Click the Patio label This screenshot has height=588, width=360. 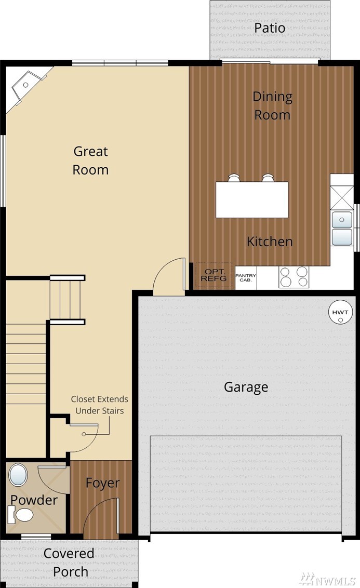pos(269,28)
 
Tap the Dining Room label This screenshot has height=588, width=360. pos(272,106)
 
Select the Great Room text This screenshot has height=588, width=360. pos(91,161)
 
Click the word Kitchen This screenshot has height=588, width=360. pos(270,242)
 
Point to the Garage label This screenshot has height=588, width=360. pos(246,387)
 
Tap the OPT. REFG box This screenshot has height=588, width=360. pos(214,276)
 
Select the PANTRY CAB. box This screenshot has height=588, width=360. pos(246,278)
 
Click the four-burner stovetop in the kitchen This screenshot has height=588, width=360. pos(294,277)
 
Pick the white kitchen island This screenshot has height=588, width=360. pos(252,200)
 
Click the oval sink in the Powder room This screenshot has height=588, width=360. pos(18,475)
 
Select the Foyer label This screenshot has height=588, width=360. pos(102,483)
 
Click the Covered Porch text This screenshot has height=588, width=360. pos(69,563)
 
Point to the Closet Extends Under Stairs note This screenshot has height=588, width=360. pos(100,405)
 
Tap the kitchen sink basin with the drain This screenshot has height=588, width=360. pos(342,220)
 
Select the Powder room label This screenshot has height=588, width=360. pos(34,500)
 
